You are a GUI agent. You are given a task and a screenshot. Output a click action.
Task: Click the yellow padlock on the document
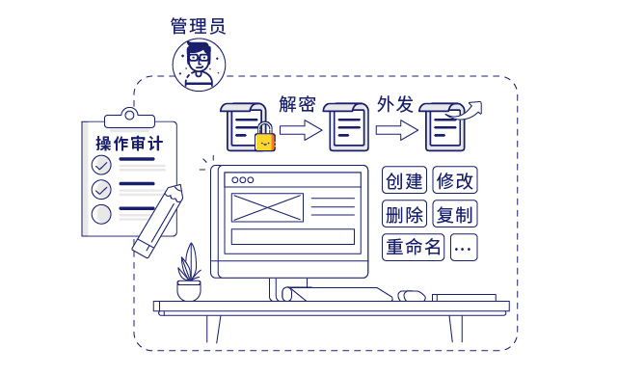[264, 139]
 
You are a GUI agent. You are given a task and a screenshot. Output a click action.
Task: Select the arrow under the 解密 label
[299, 129]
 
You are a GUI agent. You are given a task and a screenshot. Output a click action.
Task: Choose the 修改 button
[454, 180]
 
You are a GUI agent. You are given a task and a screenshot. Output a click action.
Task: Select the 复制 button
[454, 214]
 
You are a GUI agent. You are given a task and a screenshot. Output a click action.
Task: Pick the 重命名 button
[413, 247]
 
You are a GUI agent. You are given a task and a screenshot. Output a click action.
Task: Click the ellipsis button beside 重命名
[463, 247]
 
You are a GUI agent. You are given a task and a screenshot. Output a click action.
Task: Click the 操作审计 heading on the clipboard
[129, 144]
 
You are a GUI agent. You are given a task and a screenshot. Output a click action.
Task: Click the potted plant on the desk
[189, 274]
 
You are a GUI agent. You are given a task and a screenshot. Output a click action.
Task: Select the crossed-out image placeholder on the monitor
[267, 207]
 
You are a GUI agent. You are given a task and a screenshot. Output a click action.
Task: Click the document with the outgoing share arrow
[446, 124]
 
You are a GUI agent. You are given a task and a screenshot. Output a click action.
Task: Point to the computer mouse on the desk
[413, 295]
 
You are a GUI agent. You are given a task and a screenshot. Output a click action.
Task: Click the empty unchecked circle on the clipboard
[101, 213]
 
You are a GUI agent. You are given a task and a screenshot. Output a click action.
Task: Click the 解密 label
[298, 103]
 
